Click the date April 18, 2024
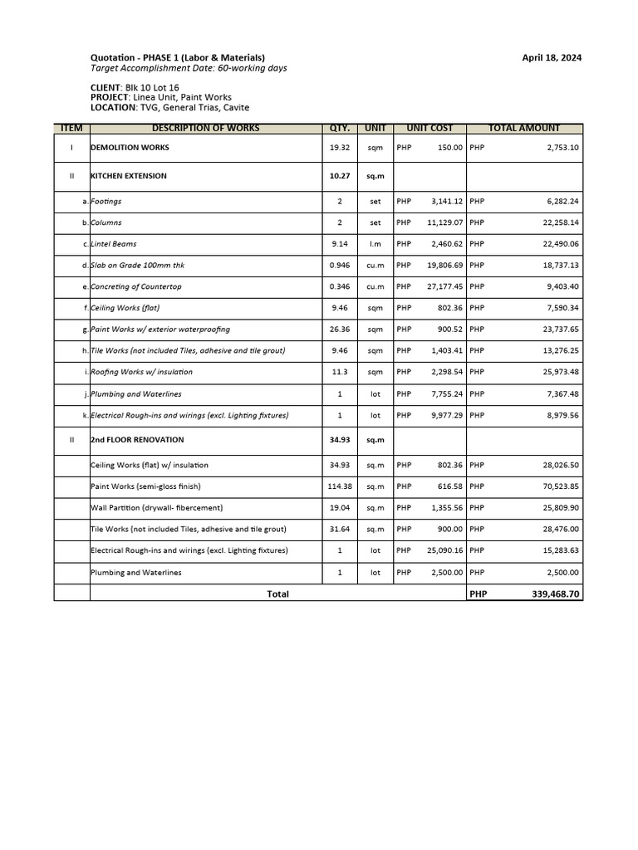pyautogui.click(x=551, y=57)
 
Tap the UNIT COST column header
pyautogui.click(x=429, y=128)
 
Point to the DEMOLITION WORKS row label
pyautogui.click(x=130, y=148)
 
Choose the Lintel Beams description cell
pyautogui.click(x=114, y=244)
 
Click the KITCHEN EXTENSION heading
pyautogui.click(x=129, y=176)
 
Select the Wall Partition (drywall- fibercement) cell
pyautogui.click(x=157, y=507)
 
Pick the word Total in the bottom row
pyautogui.click(x=277, y=594)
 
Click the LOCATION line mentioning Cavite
pyautogui.click(x=169, y=108)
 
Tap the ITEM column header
pyautogui.click(x=72, y=128)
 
